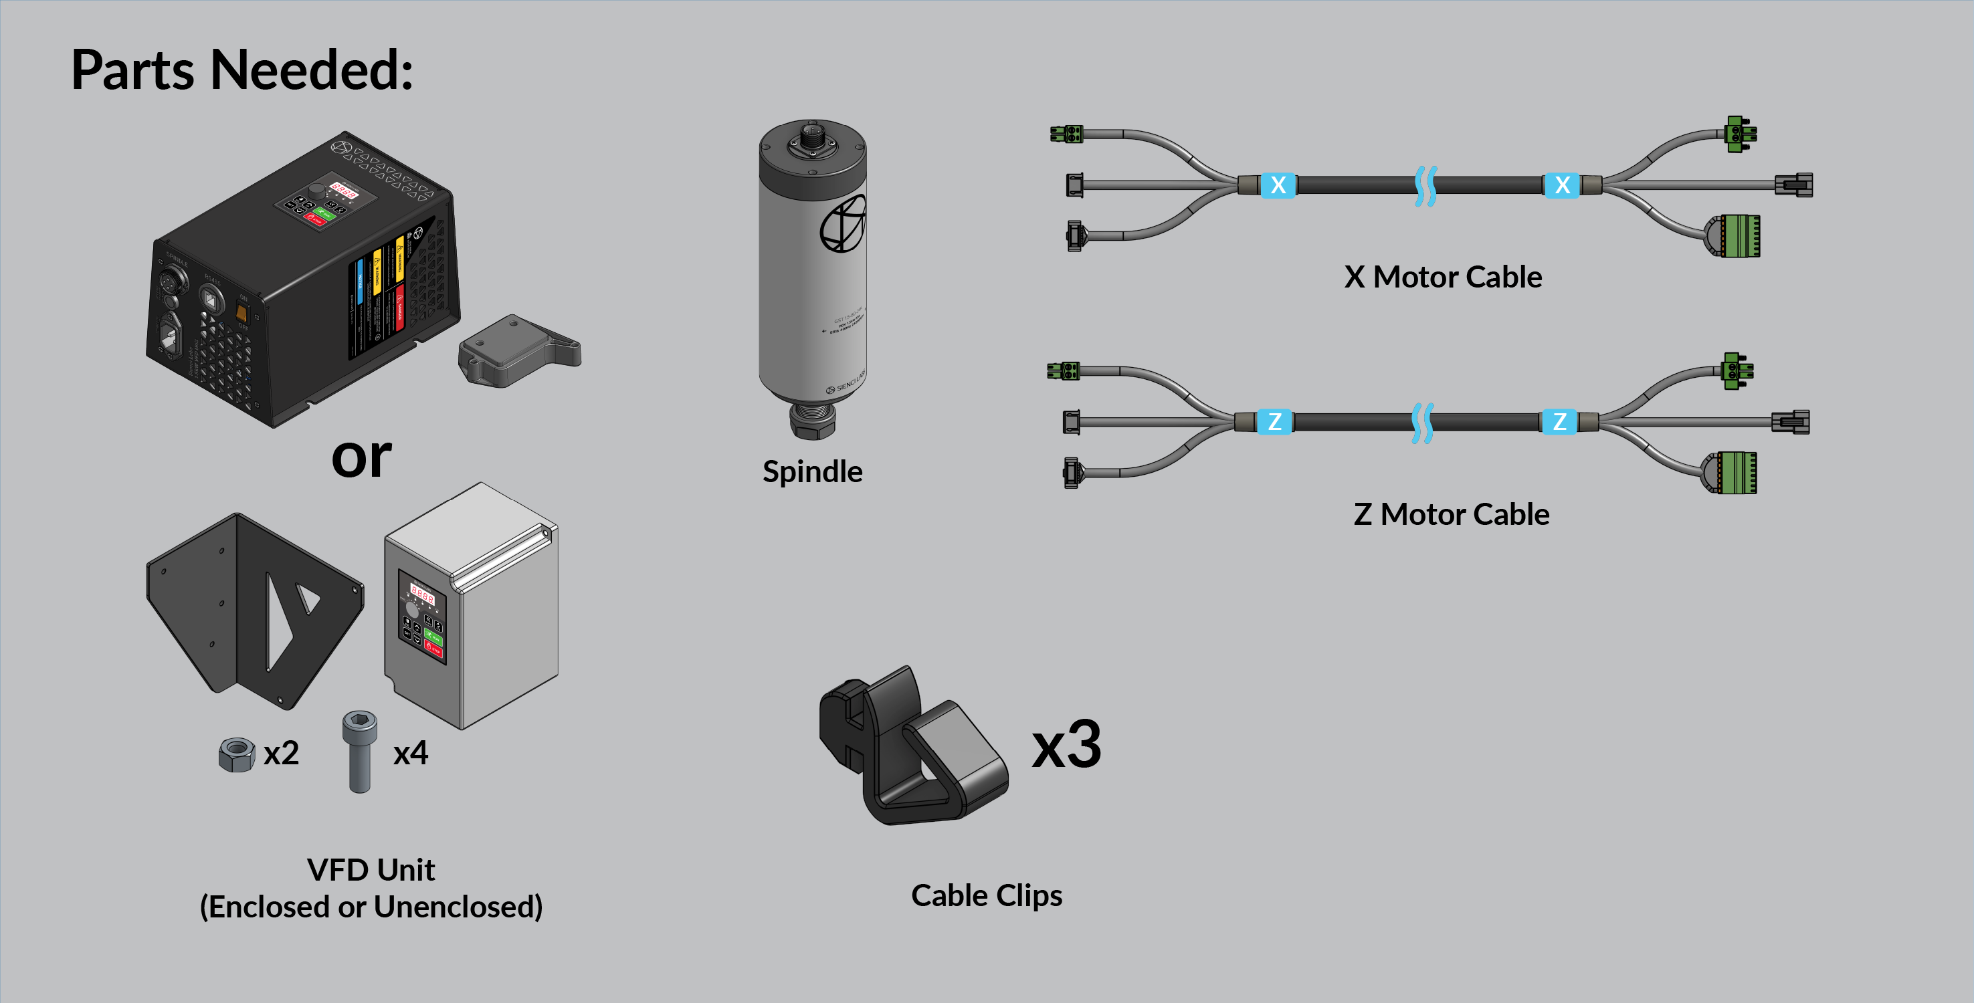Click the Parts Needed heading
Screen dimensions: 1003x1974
(242, 70)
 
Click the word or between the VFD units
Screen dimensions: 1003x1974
(361, 457)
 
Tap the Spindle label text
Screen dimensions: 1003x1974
(812, 471)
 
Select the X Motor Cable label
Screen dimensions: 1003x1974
(1442, 277)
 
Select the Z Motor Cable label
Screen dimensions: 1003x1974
(1451, 514)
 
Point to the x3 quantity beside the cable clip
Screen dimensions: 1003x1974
(1066, 745)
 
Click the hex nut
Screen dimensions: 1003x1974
(236, 755)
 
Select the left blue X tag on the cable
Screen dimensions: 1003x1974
(1278, 185)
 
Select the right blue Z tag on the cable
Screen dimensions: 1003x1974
(1559, 422)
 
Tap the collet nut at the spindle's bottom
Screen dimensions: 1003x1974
(812, 419)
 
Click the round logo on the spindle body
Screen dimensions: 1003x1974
(843, 224)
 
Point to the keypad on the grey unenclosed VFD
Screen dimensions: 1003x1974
(422, 617)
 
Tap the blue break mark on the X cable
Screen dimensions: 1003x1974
(1425, 185)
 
